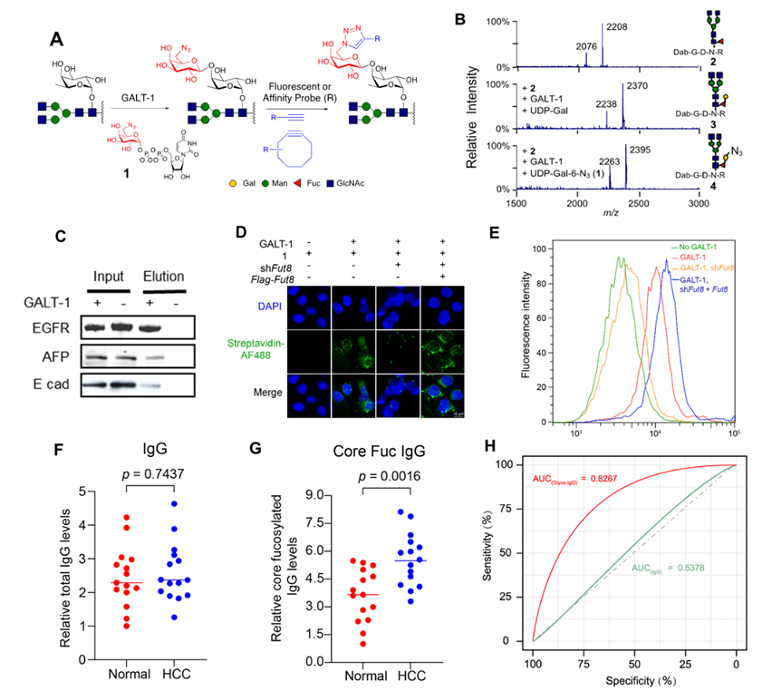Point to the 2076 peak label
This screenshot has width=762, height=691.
pyautogui.click(x=587, y=45)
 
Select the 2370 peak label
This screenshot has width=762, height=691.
pyautogui.click(x=637, y=86)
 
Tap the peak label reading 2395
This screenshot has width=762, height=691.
pyautogui.click(x=640, y=149)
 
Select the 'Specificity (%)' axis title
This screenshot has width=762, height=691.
pyautogui.click(x=634, y=677)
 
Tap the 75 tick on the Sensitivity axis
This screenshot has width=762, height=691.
pyautogui.click(x=517, y=508)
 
